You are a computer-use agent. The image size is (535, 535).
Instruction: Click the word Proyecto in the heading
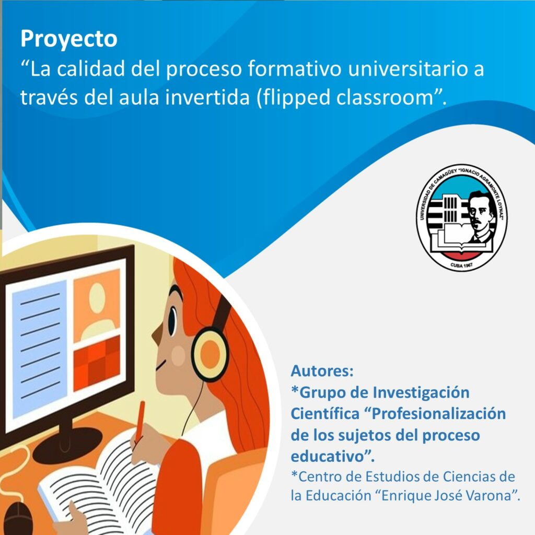tap(69, 39)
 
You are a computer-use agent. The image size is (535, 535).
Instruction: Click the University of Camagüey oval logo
tap(462, 217)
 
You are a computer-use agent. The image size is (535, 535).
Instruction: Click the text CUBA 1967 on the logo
tap(462, 265)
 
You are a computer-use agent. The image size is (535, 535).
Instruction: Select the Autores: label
tap(322, 371)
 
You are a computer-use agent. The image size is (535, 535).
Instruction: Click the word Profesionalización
tap(438, 414)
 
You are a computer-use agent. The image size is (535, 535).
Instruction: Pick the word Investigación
tap(421, 392)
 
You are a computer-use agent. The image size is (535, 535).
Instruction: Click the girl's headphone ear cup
tap(210, 354)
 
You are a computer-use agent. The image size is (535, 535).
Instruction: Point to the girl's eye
tap(173, 321)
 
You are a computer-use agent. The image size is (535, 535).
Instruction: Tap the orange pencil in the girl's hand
tap(140, 422)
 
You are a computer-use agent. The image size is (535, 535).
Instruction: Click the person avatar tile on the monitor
tap(97, 305)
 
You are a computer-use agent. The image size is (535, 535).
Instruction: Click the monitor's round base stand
tap(68, 444)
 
